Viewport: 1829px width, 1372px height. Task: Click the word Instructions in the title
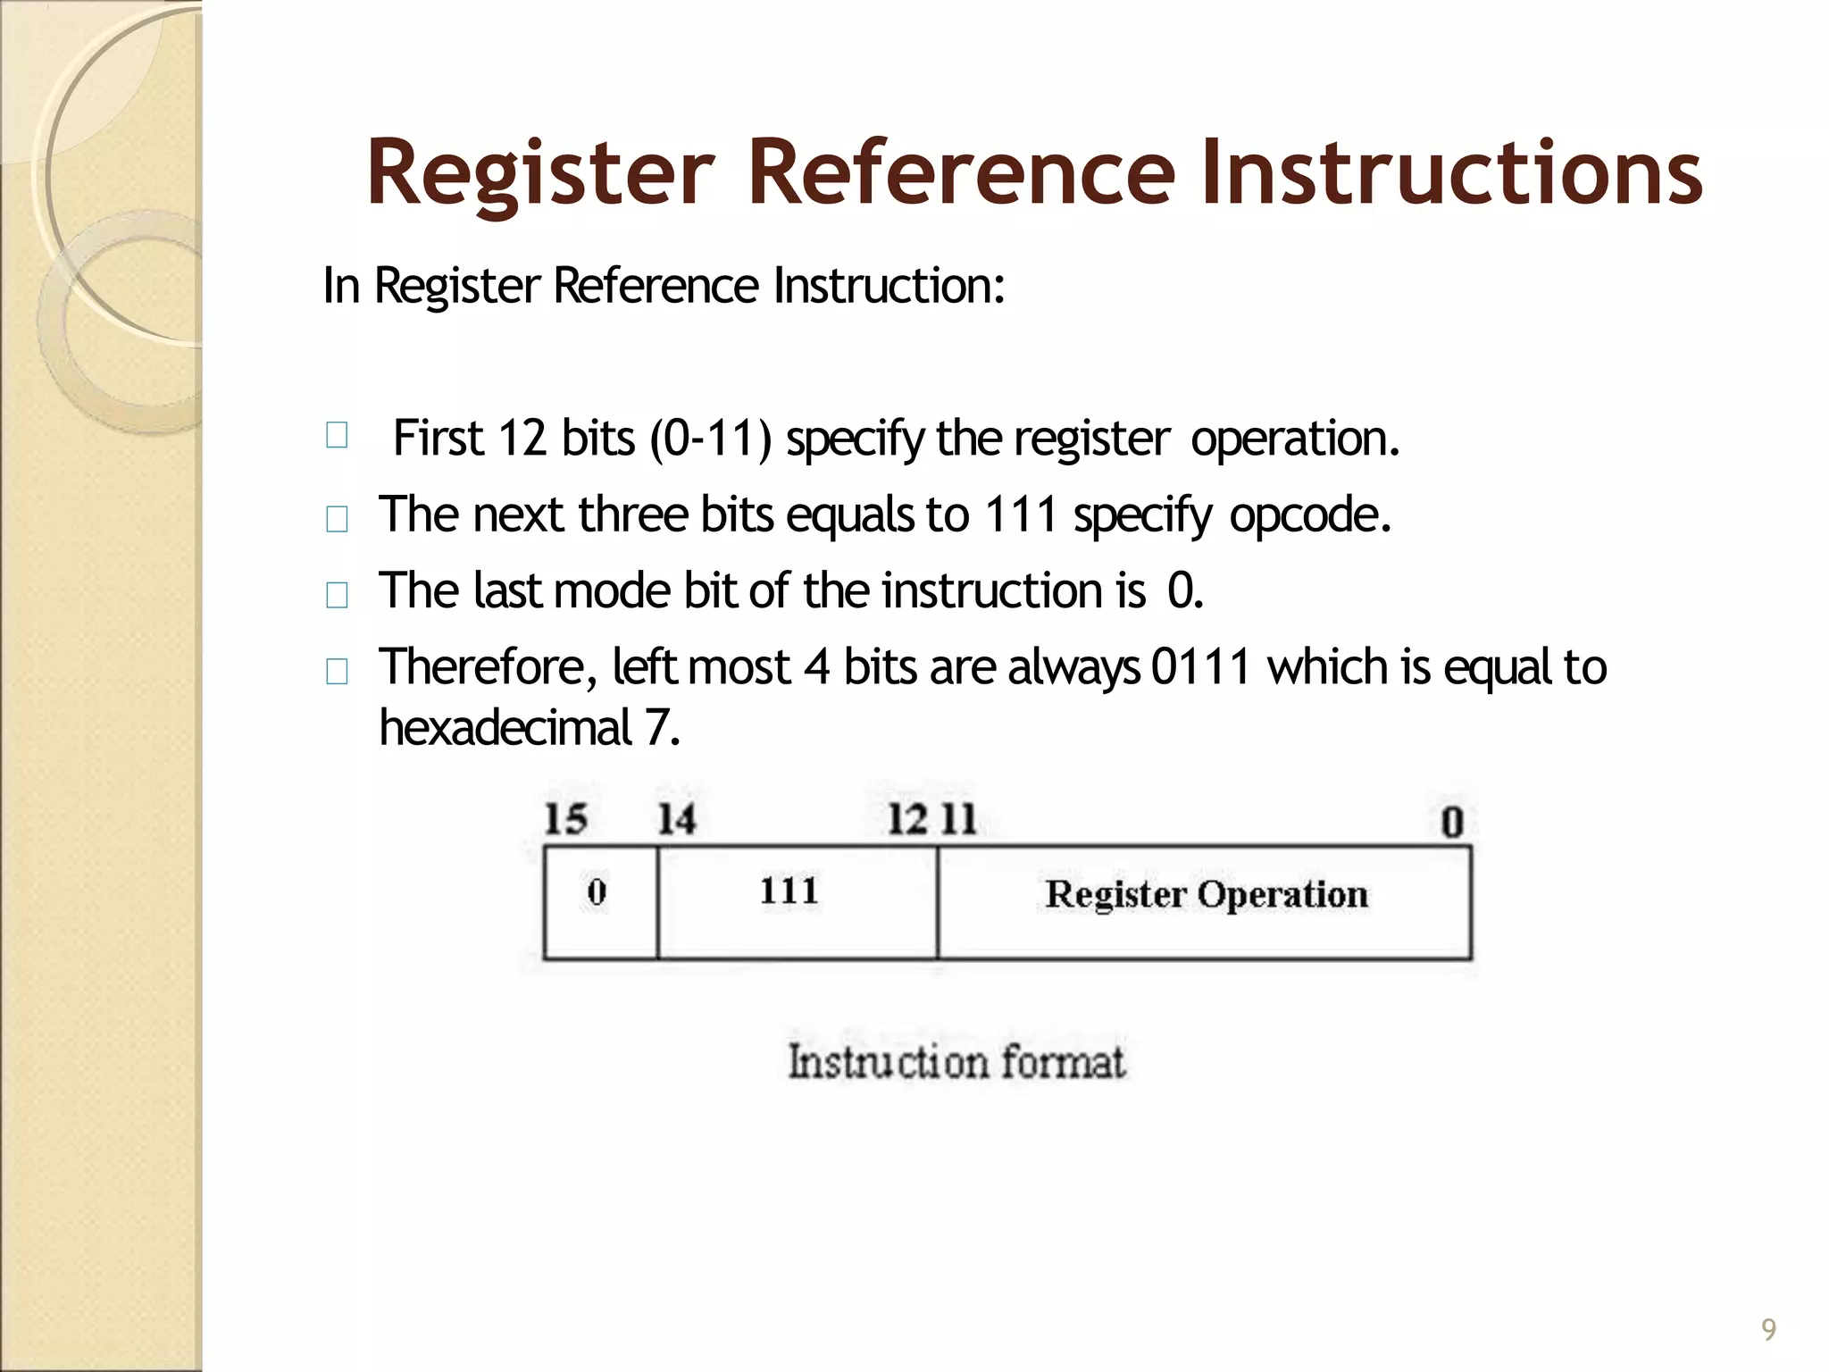point(1451,171)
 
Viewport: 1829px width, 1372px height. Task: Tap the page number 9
point(1768,1329)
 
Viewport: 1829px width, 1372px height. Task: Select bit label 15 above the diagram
point(565,819)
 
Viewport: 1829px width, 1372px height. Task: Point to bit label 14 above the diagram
point(676,819)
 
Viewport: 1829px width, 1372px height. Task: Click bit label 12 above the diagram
point(907,819)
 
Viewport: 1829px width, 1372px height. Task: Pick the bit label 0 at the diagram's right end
point(1452,822)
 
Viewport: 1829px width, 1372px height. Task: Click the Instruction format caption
point(956,1062)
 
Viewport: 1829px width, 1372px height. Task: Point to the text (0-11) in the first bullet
point(710,439)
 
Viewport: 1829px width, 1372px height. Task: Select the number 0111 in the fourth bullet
point(1200,667)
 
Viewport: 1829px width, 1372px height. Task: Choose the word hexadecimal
point(505,727)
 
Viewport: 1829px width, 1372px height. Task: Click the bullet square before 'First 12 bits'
point(337,436)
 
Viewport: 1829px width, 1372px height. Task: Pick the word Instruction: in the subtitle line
point(889,286)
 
